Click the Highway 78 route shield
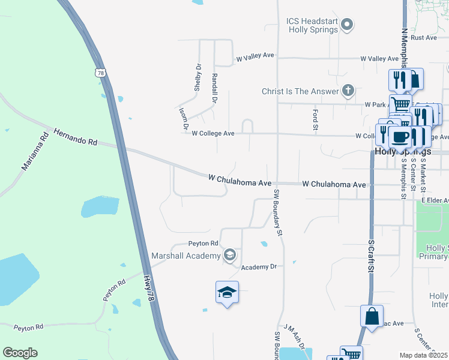click(101, 73)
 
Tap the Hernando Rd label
click(75, 137)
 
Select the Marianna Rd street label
click(35, 151)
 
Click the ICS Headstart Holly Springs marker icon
click(347, 25)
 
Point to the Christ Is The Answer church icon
click(347, 91)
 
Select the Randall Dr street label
click(214, 88)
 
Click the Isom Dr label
click(182, 119)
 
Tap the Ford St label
click(315, 119)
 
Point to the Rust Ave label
click(424, 37)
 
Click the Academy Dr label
click(259, 266)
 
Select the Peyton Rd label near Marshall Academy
click(203, 243)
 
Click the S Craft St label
click(371, 256)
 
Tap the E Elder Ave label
click(434, 200)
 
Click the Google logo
click(20, 352)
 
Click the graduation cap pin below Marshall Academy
click(227, 293)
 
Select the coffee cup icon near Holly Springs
click(399, 137)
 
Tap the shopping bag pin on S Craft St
click(372, 316)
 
